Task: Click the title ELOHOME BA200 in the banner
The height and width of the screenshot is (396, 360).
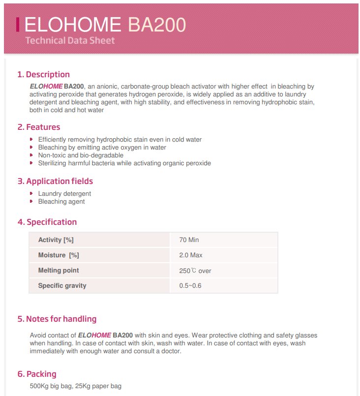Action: coord(105,24)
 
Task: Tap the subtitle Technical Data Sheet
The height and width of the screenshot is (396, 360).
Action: coord(70,40)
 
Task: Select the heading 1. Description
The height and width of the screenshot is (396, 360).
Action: coord(43,74)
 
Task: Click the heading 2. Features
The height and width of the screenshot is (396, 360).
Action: coord(39,127)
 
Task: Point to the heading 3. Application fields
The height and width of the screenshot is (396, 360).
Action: coord(55,181)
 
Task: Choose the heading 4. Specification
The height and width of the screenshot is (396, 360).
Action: coord(47,222)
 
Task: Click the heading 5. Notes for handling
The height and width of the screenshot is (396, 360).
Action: coord(57,319)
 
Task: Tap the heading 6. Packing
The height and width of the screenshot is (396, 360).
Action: coord(37,374)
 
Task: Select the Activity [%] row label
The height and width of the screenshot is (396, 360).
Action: coord(56,240)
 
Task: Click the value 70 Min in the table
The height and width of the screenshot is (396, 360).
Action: coord(189,240)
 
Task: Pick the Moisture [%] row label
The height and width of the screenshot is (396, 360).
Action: coord(59,255)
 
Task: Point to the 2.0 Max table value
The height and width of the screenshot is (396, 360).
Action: coord(191,255)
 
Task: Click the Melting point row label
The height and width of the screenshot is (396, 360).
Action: coord(59,271)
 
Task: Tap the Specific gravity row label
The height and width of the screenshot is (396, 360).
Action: coord(62,286)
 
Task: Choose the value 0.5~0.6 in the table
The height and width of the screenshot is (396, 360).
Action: coord(190,286)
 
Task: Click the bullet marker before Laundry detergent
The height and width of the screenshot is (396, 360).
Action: coord(31,193)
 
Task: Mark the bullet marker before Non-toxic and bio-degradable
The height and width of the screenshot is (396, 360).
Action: coord(31,155)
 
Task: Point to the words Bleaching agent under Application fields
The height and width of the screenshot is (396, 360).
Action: coord(61,201)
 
